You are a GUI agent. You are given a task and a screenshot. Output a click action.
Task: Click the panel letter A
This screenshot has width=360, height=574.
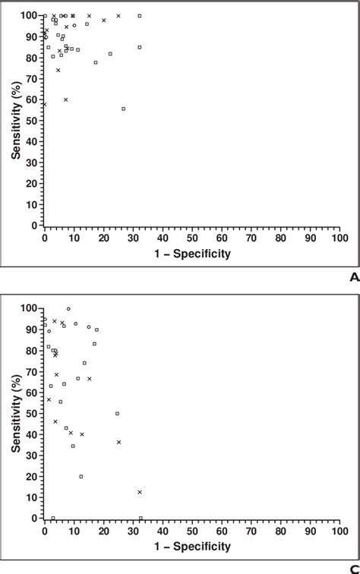[x=353, y=278]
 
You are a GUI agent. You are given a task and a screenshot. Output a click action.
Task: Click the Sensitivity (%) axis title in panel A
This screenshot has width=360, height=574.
[x=16, y=121]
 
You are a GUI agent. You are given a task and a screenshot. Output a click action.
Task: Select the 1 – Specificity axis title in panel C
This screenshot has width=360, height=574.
[x=192, y=547]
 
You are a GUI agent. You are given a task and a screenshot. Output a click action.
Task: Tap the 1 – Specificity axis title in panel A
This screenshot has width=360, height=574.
[x=192, y=254]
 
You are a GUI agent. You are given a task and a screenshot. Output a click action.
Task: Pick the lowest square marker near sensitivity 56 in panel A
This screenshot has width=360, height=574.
[x=124, y=109]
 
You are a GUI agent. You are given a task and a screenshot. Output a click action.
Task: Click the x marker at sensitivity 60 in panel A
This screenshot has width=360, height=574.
[x=66, y=99]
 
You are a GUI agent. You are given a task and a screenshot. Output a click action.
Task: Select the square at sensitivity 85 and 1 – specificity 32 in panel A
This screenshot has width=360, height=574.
[x=140, y=47]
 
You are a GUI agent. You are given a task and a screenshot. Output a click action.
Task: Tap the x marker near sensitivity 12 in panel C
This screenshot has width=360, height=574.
[x=140, y=492]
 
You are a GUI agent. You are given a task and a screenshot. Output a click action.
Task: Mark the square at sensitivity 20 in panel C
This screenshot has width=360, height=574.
[x=81, y=476]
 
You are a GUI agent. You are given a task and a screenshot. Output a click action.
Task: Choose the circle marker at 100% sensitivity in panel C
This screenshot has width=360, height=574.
[x=68, y=309]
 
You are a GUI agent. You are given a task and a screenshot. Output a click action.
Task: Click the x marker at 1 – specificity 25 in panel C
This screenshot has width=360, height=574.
[x=118, y=442]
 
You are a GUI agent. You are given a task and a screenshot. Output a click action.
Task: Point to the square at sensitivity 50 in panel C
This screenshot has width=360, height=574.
[x=117, y=413]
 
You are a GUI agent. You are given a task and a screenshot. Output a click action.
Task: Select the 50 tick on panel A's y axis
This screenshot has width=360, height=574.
[x=35, y=121]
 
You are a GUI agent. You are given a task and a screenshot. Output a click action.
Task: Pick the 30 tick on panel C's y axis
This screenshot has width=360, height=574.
[x=35, y=455]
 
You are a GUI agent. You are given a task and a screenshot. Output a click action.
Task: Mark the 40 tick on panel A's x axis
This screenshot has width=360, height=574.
[x=163, y=238]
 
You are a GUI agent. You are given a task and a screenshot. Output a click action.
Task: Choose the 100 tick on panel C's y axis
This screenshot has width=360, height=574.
[x=33, y=308]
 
